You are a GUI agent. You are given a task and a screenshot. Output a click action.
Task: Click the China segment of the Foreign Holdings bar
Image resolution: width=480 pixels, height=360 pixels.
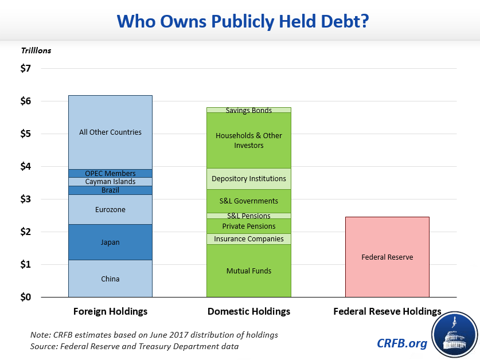coord(110,279)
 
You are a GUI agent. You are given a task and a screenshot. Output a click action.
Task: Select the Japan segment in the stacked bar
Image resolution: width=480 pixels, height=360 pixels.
coord(110,242)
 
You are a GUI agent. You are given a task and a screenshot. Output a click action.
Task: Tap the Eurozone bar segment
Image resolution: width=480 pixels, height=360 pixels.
coord(110,210)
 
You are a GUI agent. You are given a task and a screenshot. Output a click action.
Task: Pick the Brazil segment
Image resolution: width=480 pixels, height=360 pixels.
coord(110,190)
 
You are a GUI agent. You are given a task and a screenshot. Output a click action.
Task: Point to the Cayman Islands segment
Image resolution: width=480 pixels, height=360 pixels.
coord(110,182)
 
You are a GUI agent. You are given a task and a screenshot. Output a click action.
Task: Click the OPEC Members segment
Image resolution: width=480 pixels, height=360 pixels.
coord(110,173)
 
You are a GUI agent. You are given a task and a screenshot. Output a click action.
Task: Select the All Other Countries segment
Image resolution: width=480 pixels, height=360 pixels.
coord(110,132)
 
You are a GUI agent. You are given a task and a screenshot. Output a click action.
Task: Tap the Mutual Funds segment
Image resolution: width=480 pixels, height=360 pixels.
coord(248,271)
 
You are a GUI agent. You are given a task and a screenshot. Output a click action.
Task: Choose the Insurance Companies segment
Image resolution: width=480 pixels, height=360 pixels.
coord(248,239)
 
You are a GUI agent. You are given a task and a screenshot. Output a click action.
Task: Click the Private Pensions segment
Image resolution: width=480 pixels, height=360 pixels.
coord(248,226)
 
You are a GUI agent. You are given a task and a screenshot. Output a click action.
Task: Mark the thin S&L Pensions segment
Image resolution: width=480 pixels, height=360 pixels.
coord(248,216)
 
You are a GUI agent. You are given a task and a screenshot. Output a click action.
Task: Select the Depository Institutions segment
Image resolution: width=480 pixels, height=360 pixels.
coord(248,179)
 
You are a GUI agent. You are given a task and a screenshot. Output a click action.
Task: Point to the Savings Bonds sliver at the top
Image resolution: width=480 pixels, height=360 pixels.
coord(248,110)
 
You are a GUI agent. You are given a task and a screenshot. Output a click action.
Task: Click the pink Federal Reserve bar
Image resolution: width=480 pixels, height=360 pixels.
coord(387,257)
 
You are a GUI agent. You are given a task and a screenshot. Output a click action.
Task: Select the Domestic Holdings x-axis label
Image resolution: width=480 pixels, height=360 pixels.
coord(248,312)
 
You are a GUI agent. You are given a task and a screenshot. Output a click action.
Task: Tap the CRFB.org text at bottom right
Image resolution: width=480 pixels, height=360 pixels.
coord(402,343)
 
